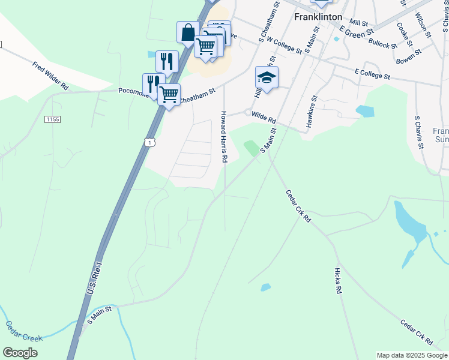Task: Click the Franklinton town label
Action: [x=318, y=17]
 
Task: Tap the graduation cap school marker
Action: [x=267, y=77]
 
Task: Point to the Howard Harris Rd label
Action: [x=224, y=137]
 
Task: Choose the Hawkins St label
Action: [x=313, y=109]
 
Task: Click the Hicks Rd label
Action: [x=338, y=280]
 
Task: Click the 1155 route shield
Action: [x=52, y=119]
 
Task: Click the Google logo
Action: [x=20, y=353]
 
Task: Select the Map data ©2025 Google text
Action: [x=412, y=355]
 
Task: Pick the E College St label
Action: [x=372, y=75]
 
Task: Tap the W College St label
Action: [x=285, y=45]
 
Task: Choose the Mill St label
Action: [x=359, y=22]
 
